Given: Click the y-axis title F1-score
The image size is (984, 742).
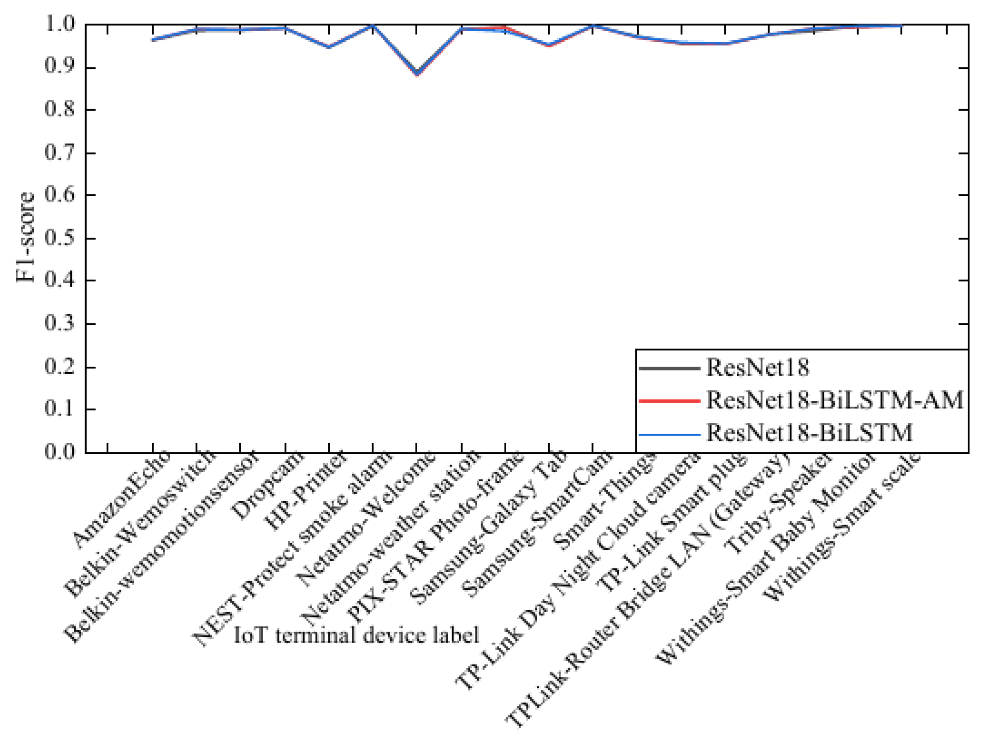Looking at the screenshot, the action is click(25, 237).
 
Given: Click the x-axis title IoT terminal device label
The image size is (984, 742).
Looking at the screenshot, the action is click(356, 635).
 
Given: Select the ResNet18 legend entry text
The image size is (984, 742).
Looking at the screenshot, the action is click(758, 367).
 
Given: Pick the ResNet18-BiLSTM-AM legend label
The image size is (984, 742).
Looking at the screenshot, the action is click(835, 400).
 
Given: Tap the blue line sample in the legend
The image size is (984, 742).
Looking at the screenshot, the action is click(669, 435).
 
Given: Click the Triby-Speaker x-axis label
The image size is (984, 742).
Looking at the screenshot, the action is click(778, 502).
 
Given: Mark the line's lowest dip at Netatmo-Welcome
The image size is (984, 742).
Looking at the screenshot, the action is click(417, 73).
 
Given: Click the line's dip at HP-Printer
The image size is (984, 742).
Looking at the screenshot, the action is click(329, 47).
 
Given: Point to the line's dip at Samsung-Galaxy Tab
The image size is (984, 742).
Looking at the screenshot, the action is click(549, 45).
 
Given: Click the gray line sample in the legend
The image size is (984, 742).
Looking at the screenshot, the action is click(669, 368).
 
